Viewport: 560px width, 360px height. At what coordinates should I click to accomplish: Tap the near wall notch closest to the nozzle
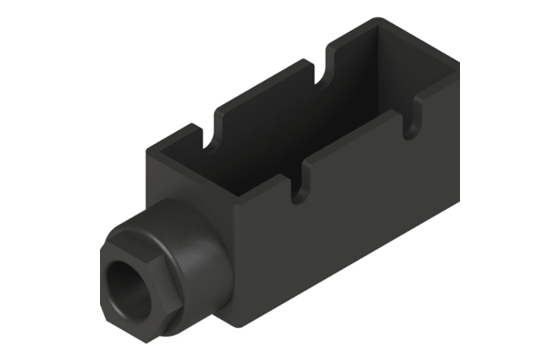click(x=297, y=189)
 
